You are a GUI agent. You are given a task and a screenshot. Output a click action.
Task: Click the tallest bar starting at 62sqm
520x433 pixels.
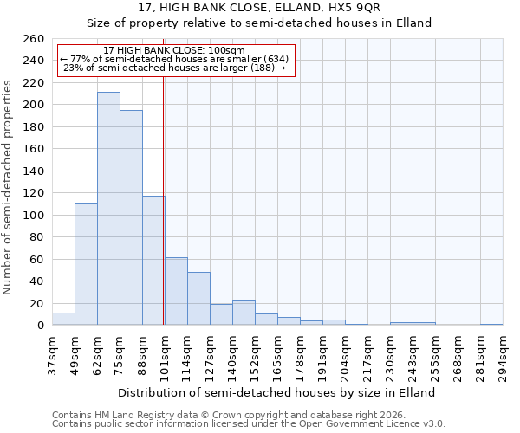[x=108, y=209]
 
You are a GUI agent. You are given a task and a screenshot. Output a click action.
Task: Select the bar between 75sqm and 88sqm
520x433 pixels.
[x=131, y=217]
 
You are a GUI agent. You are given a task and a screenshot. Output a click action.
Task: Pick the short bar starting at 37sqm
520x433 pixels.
[x=63, y=319]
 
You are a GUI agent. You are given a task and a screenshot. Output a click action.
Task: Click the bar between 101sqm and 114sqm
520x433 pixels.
[x=176, y=291]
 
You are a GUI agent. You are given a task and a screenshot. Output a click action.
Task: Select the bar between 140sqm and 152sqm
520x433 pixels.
[x=244, y=313]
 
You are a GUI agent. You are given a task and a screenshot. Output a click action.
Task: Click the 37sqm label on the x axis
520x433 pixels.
[x=52, y=355]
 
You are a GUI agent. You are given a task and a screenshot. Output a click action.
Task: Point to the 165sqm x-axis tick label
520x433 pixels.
[x=277, y=355]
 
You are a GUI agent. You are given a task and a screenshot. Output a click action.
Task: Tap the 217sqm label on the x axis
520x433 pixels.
[x=367, y=355]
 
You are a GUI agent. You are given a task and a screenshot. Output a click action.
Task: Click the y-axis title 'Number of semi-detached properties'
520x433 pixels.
[x=9, y=187]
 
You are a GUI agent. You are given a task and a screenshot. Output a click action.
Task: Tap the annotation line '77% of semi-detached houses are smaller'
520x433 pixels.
[x=179, y=59]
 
